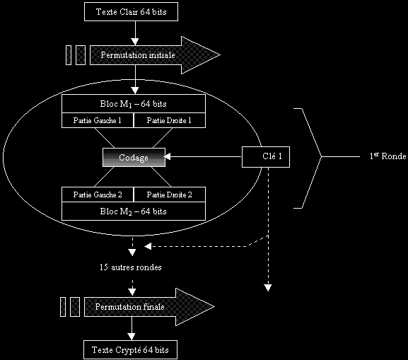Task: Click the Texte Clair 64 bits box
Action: click(131, 12)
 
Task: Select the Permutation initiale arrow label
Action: click(138, 55)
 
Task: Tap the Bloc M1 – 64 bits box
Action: click(134, 103)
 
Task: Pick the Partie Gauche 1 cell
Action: click(98, 120)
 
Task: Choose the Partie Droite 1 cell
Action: click(170, 120)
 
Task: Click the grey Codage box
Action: click(134, 157)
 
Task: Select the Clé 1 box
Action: click(266, 157)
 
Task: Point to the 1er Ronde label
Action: click(387, 156)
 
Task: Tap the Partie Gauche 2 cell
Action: click(98, 194)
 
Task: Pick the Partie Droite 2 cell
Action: click(170, 194)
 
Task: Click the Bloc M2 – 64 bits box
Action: click(134, 211)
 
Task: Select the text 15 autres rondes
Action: click(131, 267)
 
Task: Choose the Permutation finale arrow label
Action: click(129, 307)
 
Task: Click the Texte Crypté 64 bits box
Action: click(130, 349)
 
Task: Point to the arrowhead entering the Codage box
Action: click(168, 156)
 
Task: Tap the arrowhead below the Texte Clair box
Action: click(135, 42)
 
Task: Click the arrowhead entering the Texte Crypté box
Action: click(132, 337)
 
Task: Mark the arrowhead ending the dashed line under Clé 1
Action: click(268, 288)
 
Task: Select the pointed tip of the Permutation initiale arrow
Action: click(220, 55)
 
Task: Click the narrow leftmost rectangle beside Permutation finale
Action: click(63, 307)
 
